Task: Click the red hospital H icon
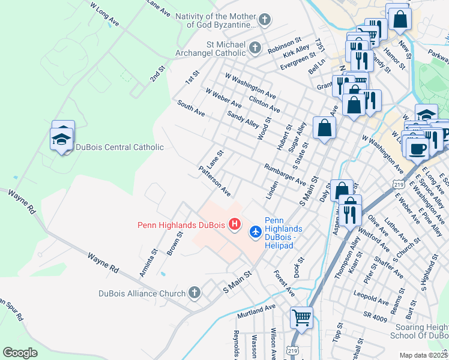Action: (235, 225)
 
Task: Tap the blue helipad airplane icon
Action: (256, 231)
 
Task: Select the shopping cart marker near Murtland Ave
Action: (301, 317)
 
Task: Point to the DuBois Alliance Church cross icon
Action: (194, 293)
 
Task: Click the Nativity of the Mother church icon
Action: (265, 20)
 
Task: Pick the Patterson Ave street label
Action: (215, 181)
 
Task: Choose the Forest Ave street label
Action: (284, 282)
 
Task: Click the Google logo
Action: (20, 352)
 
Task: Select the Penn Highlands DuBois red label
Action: (181, 225)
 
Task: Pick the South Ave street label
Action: (191, 108)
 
